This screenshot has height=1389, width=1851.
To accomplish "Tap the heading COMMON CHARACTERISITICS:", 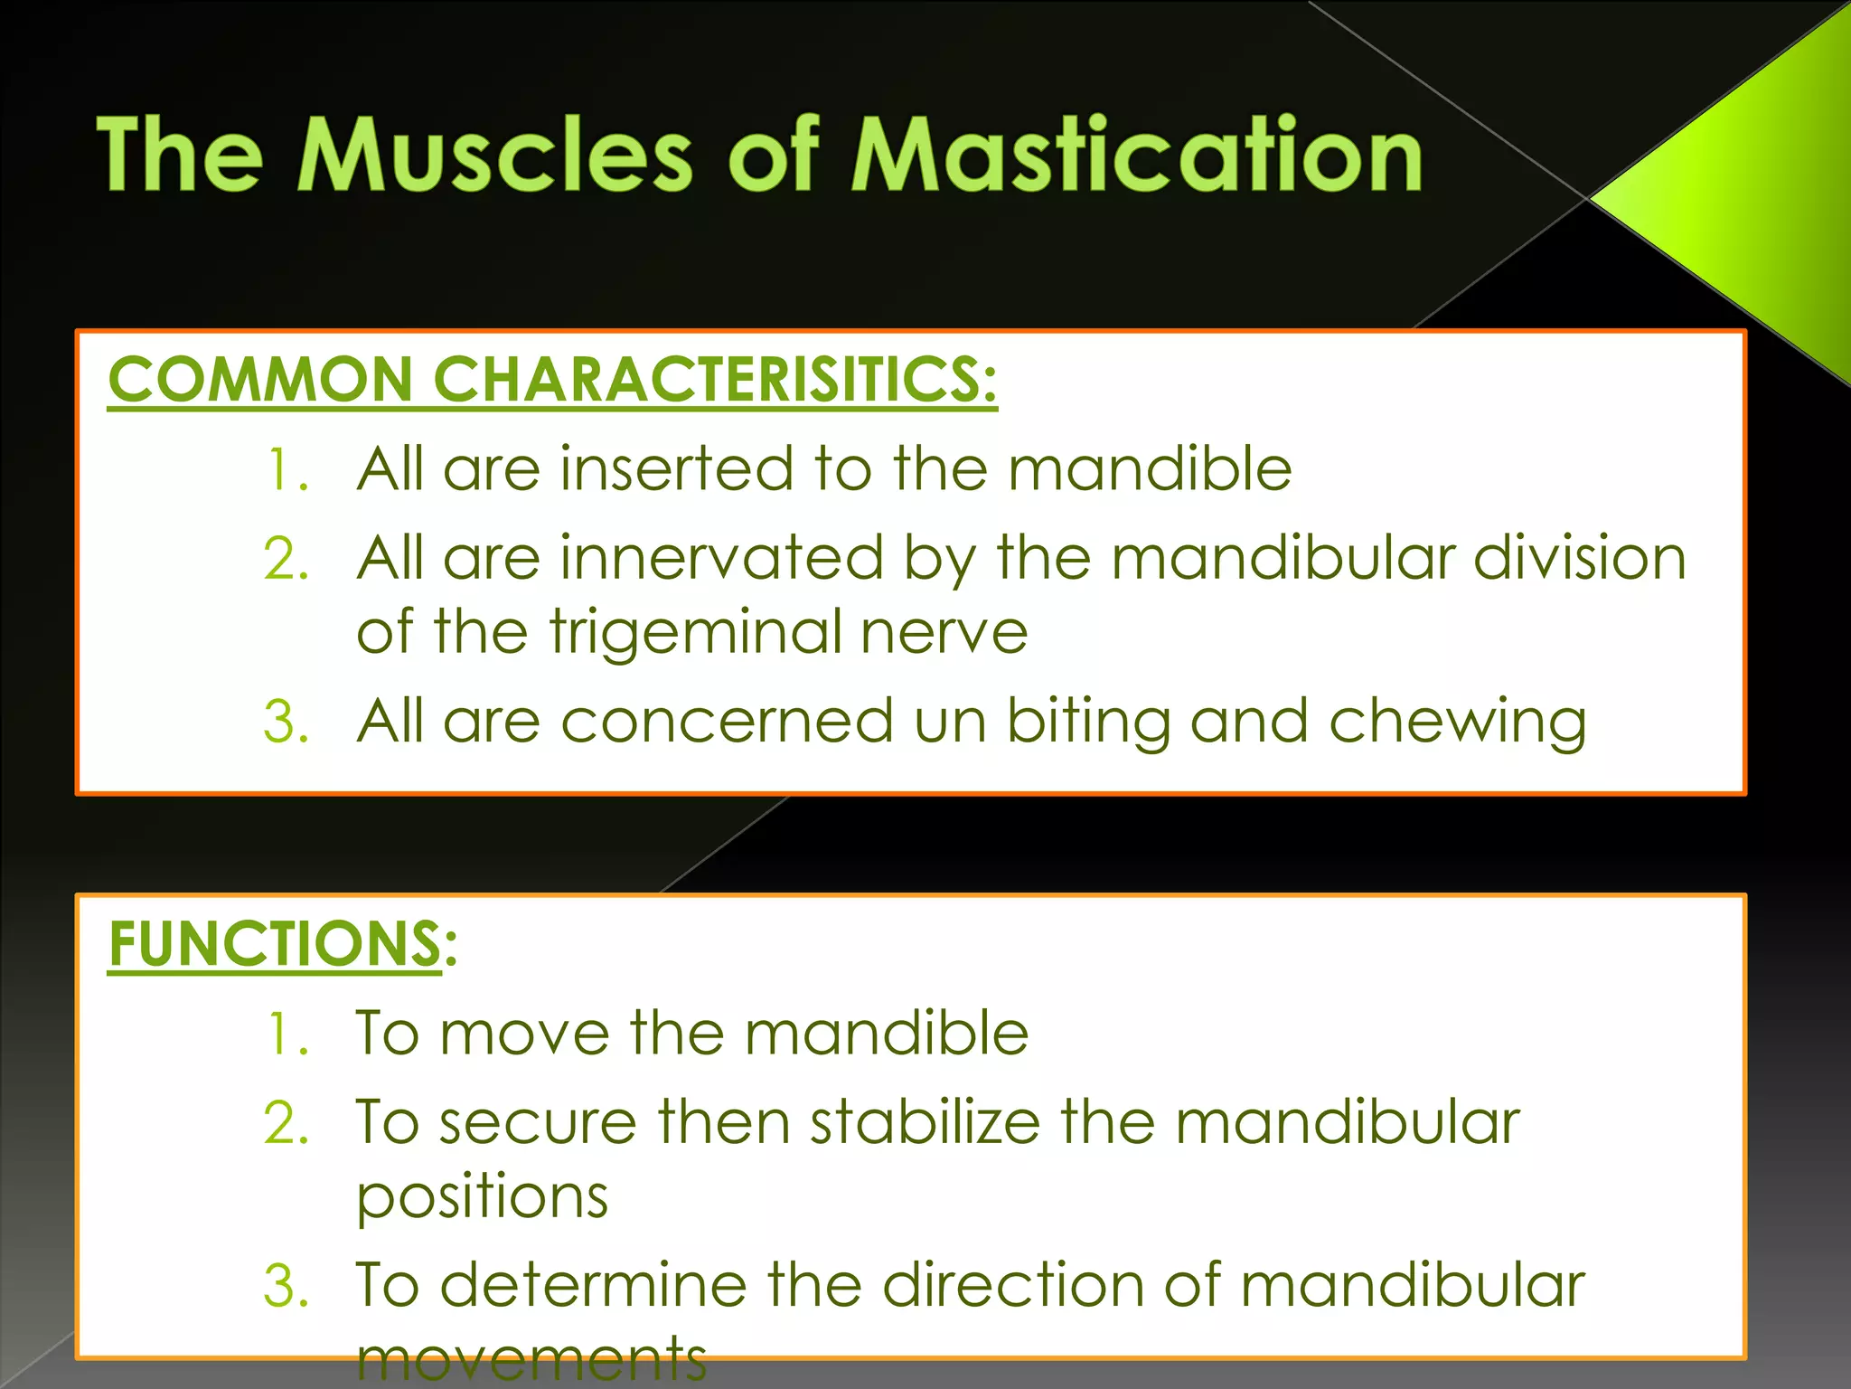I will (x=552, y=379).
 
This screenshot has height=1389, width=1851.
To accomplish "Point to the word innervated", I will (x=721, y=558).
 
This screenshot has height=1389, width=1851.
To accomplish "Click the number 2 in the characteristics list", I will (x=286, y=559).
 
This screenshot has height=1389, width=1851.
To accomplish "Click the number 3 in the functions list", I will (x=286, y=1286).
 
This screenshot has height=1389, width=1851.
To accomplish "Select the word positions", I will (x=483, y=1197).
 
